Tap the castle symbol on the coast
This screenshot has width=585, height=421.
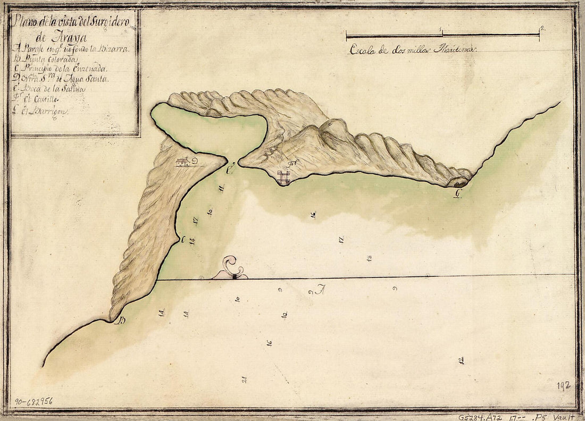point(283,177)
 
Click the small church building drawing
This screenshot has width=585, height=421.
point(182,162)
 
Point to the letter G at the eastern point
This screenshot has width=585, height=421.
point(456,193)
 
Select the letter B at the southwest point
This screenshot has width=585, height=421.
point(121,320)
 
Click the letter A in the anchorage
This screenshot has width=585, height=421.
point(320,290)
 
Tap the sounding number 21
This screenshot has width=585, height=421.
point(244,379)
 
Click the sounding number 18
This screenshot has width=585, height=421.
point(369,258)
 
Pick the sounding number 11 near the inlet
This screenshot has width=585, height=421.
point(221,188)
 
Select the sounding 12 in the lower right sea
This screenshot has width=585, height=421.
point(461,360)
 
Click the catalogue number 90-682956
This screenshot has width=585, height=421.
point(34,401)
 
